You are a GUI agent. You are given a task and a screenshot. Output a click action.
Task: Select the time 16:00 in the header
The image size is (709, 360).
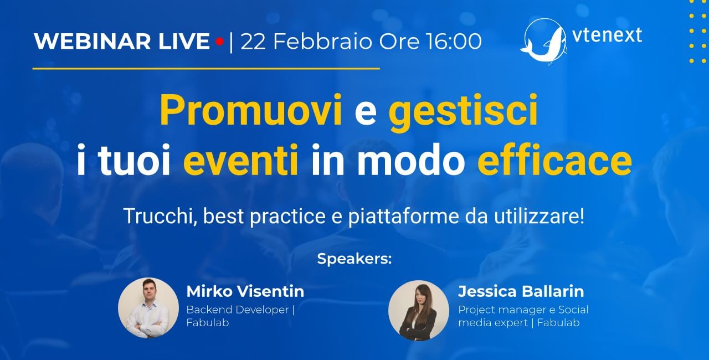click(x=454, y=42)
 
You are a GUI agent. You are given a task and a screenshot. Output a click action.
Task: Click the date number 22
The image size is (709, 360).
click(x=253, y=42)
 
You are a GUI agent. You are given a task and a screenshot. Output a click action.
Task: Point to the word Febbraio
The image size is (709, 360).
click(x=322, y=42)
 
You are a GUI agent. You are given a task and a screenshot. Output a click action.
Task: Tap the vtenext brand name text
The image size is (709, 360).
click(x=607, y=35)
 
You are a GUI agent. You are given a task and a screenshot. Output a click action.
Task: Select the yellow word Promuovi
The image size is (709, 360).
click(x=251, y=110)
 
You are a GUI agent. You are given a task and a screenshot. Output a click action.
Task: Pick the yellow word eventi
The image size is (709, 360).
click(x=241, y=160)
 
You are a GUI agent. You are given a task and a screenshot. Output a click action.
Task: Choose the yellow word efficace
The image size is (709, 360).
click(x=554, y=159)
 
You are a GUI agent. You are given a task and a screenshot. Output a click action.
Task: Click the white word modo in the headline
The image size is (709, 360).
click(x=411, y=159)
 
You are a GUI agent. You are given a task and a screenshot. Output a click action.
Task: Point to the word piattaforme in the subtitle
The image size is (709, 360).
click(x=404, y=217)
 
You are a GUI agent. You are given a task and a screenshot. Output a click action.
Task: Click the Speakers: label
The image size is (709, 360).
click(x=354, y=259)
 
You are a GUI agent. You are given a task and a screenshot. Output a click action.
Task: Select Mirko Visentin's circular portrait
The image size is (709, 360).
click(x=148, y=308)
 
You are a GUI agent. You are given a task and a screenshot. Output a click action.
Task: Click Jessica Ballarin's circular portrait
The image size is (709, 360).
click(x=418, y=311)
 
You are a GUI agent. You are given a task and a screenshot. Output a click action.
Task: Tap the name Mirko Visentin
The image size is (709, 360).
click(x=245, y=291)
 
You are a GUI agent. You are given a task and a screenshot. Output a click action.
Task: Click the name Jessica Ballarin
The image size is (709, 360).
click(x=521, y=291)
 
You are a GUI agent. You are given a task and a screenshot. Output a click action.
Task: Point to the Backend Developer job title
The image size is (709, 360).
click(x=238, y=310)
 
